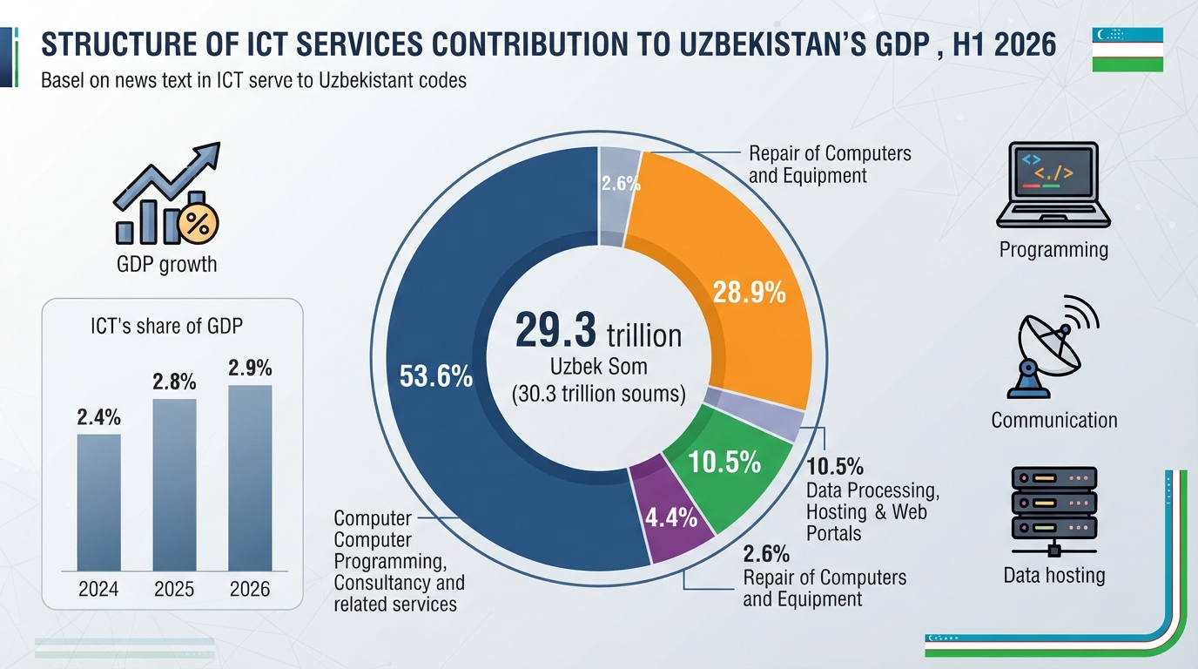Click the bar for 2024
coord(99,502)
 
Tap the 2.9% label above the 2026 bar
coord(250,368)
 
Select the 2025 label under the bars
coord(174,589)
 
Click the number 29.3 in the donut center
coord(555,331)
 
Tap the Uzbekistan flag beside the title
coord(1127,50)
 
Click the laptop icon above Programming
coord(1053,186)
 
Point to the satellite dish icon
coord(1051,347)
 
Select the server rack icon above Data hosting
coord(1054,512)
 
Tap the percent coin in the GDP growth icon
coord(199,224)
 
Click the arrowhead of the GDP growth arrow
coord(209,154)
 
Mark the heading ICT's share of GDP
coord(166,326)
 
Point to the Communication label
coord(1054,420)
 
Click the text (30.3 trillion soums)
coord(598,394)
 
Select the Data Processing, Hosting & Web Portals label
coord(872,511)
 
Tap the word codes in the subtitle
coord(443,80)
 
